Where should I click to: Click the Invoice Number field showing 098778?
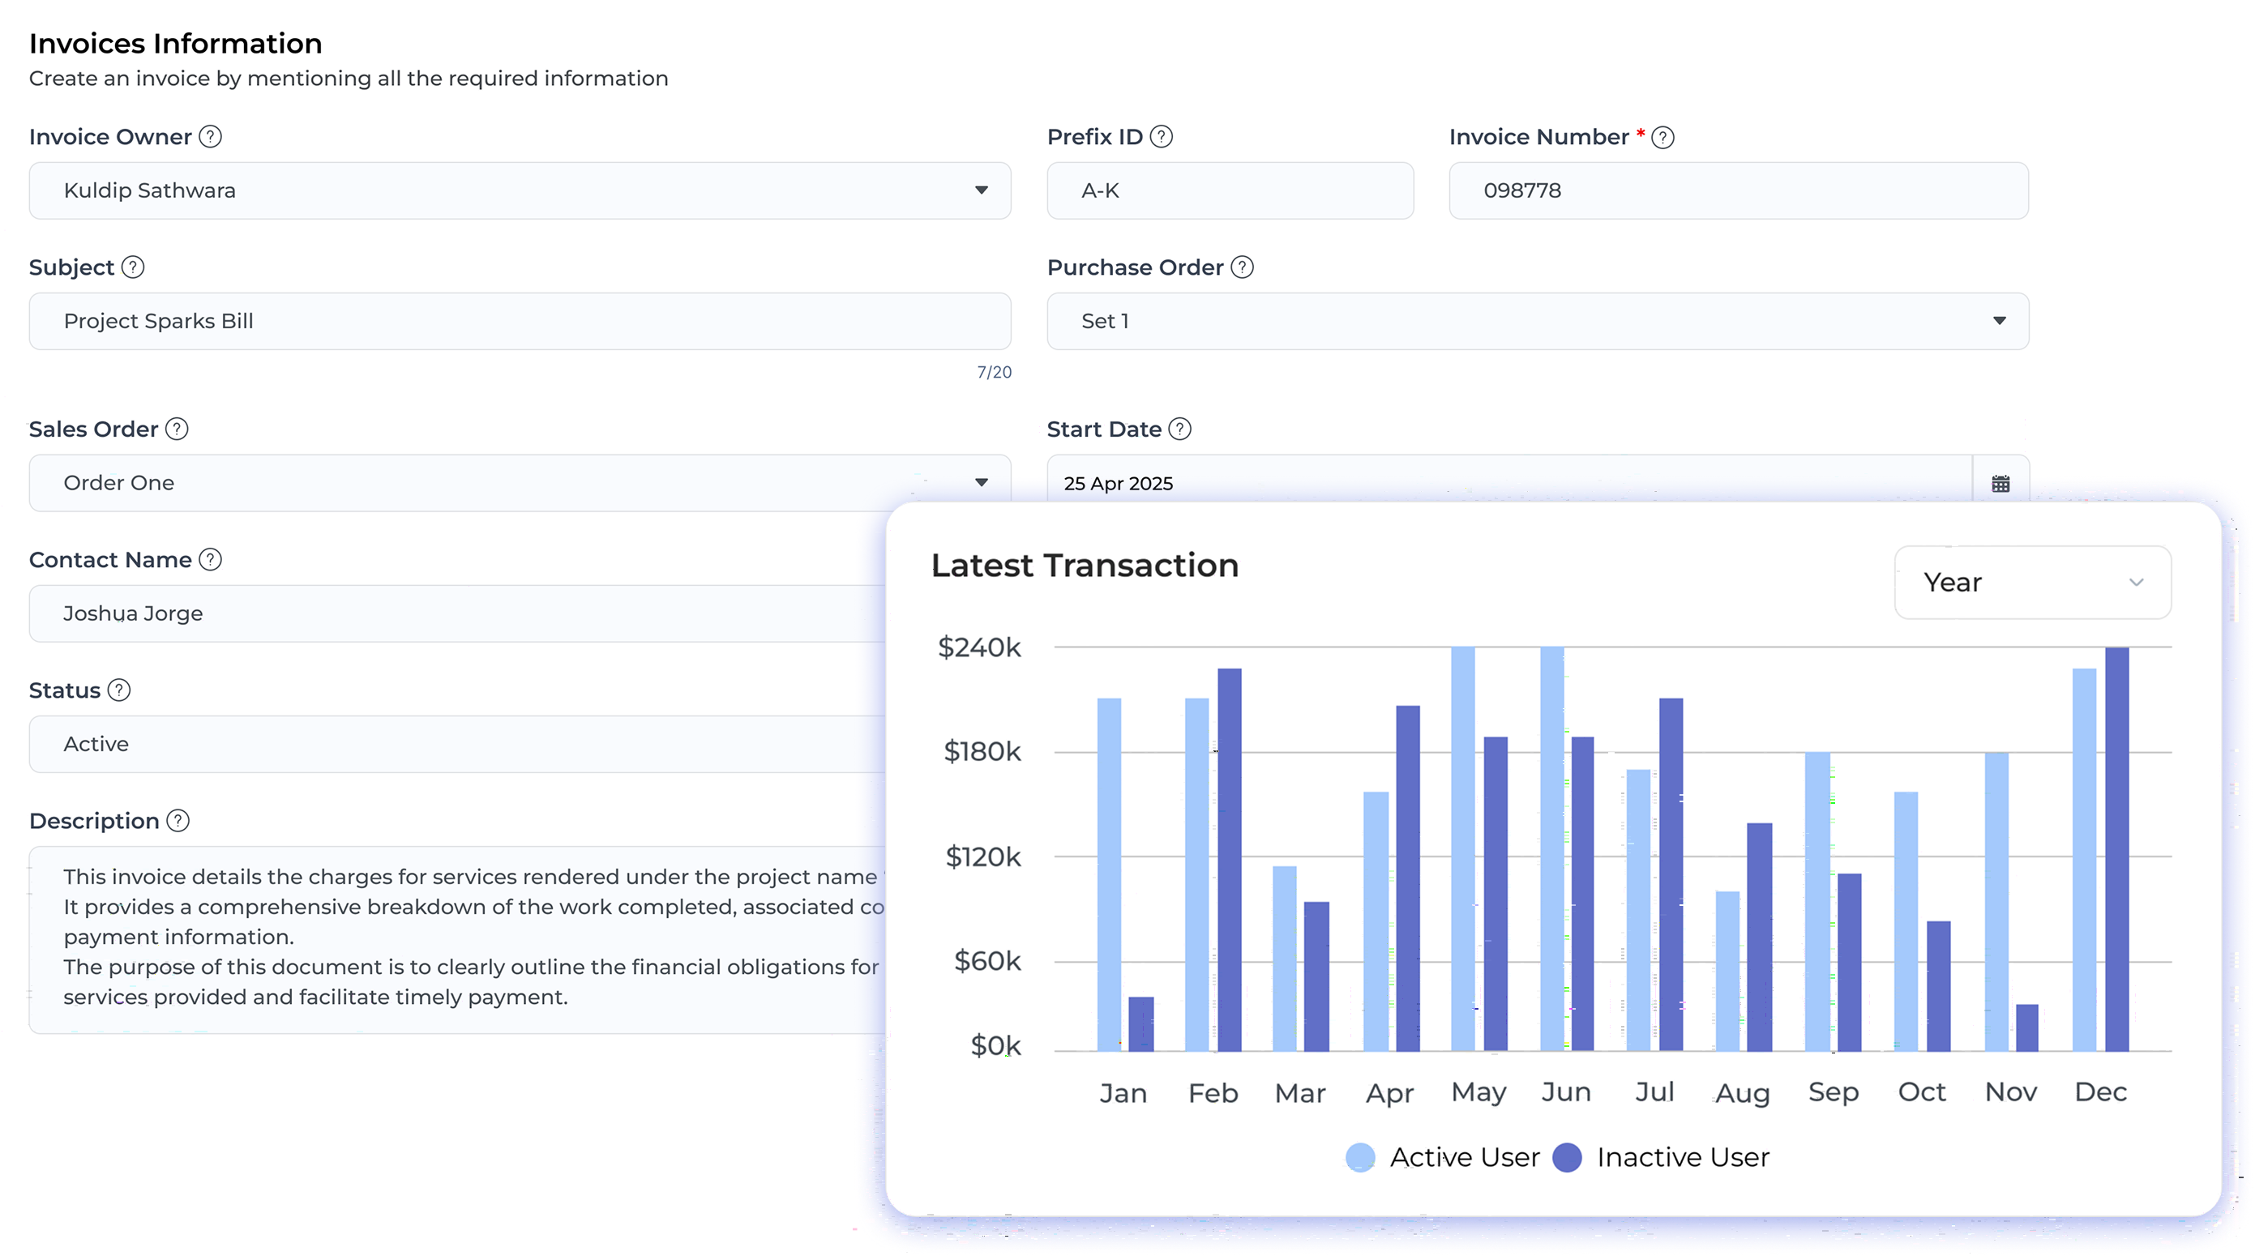coord(1738,190)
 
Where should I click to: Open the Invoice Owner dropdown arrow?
coord(982,190)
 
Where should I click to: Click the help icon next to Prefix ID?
coord(1161,137)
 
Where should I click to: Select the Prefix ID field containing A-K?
coord(1229,190)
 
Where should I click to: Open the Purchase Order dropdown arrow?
coord(2000,321)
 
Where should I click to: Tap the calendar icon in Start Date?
coord(2000,483)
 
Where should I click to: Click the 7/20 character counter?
coord(994,372)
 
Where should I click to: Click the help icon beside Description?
coord(178,821)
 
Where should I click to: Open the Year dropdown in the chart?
coord(2032,582)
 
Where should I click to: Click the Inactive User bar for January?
coord(1140,1023)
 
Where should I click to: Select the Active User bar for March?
coord(1284,959)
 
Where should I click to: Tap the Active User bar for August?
coord(1727,971)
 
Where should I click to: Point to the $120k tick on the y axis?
coord(982,856)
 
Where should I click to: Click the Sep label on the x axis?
coord(1833,1092)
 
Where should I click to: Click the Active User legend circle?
coord(1359,1157)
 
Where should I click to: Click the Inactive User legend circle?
coord(1566,1157)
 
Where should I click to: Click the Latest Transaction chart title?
coord(1084,566)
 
